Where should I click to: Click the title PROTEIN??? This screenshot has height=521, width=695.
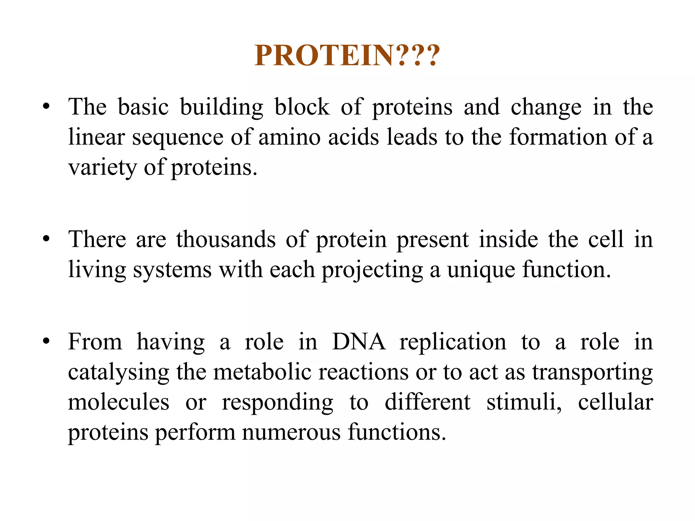click(347, 55)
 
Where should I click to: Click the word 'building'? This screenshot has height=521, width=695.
click(221, 107)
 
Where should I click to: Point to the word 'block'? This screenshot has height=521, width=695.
click(302, 107)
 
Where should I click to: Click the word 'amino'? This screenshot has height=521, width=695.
click(289, 137)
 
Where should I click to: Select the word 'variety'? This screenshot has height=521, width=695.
click(102, 168)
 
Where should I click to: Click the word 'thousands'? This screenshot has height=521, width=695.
click(226, 239)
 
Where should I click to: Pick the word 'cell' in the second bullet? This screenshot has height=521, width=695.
click(606, 239)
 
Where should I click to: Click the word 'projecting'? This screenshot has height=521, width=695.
click(372, 270)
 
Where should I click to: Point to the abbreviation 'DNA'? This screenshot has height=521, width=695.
click(359, 342)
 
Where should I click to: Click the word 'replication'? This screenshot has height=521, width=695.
click(453, 342)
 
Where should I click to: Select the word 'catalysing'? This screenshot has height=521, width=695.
click(118, 373)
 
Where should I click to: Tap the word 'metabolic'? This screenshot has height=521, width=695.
click(262, 372)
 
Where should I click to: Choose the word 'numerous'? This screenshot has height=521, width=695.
click(291, 433)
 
